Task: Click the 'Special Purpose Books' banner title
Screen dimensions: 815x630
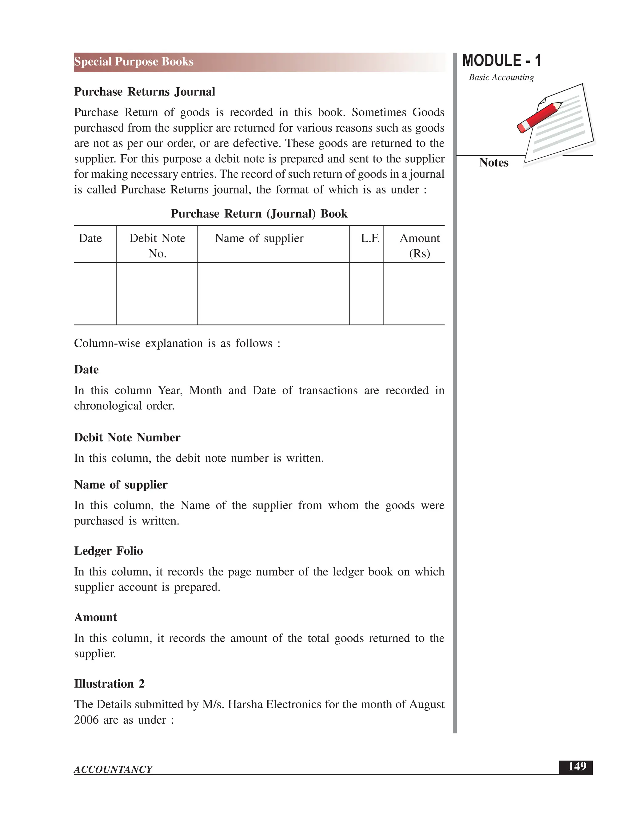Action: click(x=134, y=62)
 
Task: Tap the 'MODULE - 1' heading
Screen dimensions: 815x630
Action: click(x=501, y=61)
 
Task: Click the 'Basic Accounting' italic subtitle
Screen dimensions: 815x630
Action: click(x=501, y=78)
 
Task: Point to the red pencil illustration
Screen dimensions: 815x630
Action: click(x=539, y=117)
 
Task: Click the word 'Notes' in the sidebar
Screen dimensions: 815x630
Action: click(x=493, y=163)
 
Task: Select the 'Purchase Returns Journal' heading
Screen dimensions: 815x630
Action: click(x=145, y=92)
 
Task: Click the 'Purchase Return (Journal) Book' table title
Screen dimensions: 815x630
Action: click(x=259, y=213)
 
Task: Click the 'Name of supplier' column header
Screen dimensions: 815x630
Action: click(x=259, y=238)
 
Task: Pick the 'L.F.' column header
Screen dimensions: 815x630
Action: click(x=369, y=238)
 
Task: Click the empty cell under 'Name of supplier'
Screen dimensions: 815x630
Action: click(x=273, y=294)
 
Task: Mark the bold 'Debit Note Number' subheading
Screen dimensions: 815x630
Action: click(x=127, y=437)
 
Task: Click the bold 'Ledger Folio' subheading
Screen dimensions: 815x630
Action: click(x=108, y=551)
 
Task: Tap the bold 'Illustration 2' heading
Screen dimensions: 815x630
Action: click(x=109, y=684)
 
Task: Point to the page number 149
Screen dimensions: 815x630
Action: click(x=577, y=766)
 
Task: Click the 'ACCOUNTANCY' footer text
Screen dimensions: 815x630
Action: click(x=113, y=769)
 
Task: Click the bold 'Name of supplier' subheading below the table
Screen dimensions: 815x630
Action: click(x=121, y=484)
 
